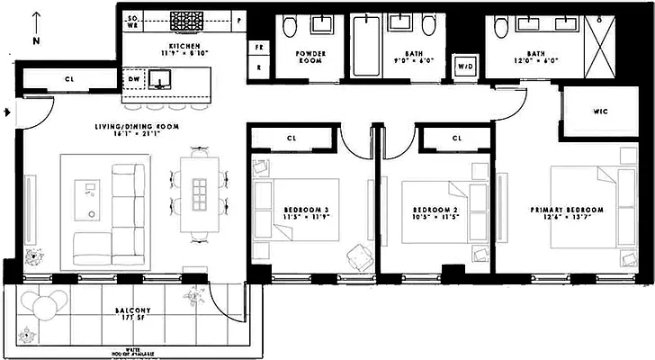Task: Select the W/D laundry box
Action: pyautogui.click(x=466, y=67)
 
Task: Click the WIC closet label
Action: pyautogui.click(x=602, y=112)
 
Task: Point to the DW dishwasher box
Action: pyautogui.click(x=134, y=79)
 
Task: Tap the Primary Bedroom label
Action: pyautogui.click(x=567, y=213)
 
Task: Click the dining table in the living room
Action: pyautogui.click(x=198, y=193)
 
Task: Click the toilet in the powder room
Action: pyautogui.click(x=290, y=28)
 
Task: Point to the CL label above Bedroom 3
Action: pyautogui.click(x=292, y=139)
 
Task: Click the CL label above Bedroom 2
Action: pyautogui.click(x=456, y=139)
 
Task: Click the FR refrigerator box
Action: pyautogui.click(x=259, y=48)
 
